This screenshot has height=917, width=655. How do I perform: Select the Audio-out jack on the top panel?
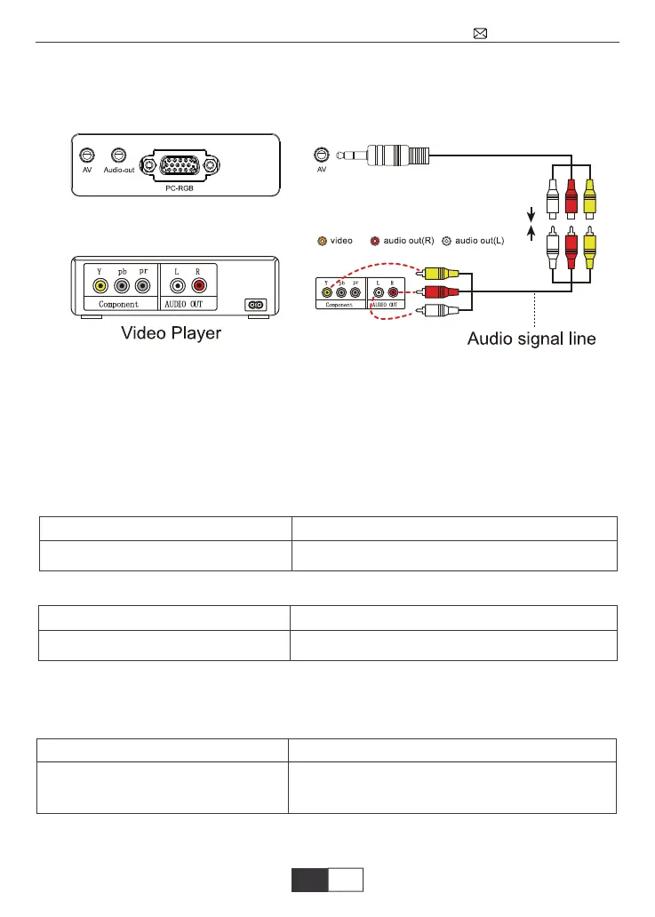click(x=118, y=155)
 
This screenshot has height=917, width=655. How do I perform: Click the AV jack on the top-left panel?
click(x=86, y=155)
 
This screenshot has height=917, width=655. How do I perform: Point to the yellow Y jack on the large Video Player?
click(x=100, y=286)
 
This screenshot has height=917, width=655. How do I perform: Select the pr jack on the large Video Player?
click(x=142, y=286)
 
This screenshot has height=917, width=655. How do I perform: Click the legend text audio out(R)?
click(x=408, y=241)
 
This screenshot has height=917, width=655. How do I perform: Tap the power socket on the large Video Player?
click(x=256, y=305)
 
